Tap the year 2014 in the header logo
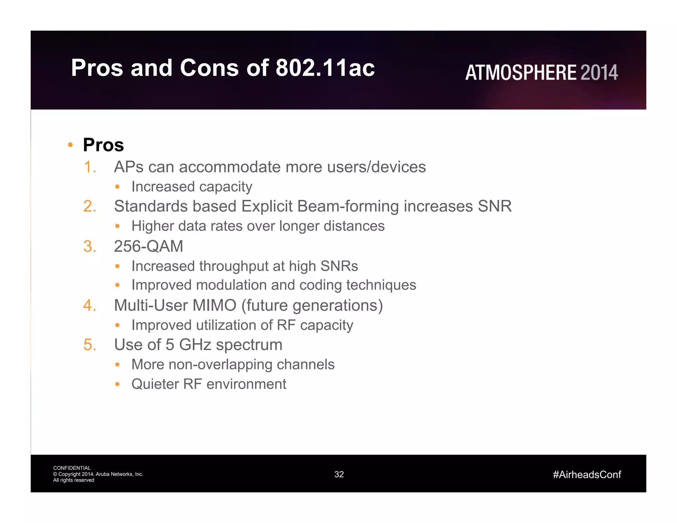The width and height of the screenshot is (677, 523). click(x=599, y=72)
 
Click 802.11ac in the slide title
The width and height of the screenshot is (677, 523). click(x=325, y=68)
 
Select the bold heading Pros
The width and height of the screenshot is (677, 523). click(x=103, y=145)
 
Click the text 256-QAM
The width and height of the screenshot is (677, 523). click(x=148, y=246)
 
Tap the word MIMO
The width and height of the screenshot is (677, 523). click(x=215, y=305)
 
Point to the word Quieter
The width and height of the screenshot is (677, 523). click(x=155, y=384)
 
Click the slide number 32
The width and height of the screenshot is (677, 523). click(x=339, y=474)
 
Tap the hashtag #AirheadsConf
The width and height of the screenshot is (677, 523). click(x=587, y=475)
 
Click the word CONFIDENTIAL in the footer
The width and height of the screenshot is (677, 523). click(x=72, y=468)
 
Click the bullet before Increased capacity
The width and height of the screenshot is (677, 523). click(x=117, y=187)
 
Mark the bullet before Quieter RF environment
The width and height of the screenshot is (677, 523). click(x=117, y=384)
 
